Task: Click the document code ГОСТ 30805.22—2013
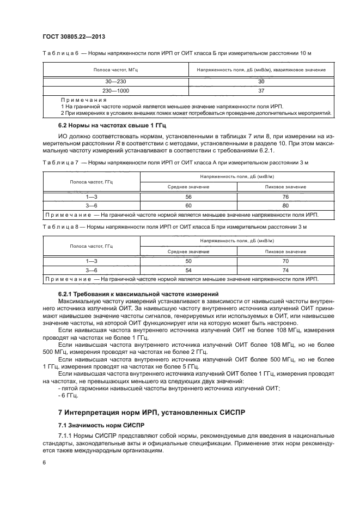pyautogui.click(x=74, y=36)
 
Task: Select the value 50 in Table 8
pyautogui.click(x=188, y=262)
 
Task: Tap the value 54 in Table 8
pyautogui.click(x=188, y=270)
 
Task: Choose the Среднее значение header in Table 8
pyautogui.click(x=188, y=252)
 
